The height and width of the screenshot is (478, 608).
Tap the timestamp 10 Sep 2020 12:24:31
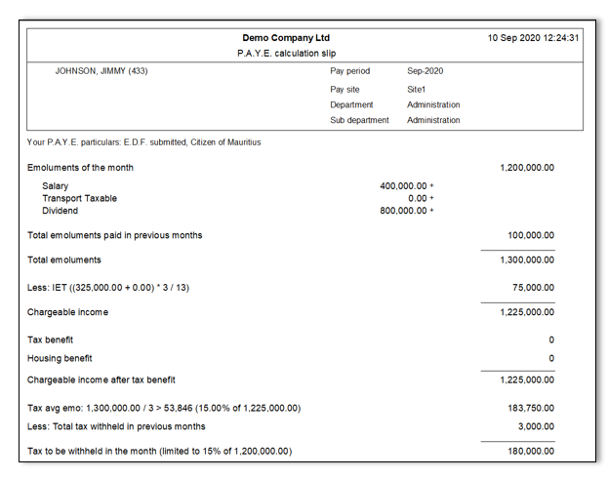pyautogui.click(x=533, y=38)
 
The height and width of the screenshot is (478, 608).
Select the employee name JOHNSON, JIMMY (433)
pyautogui.click(x=101, y=71)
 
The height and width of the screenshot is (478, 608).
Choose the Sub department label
pyautogui.click(x=359, y=120)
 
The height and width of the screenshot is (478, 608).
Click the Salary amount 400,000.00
pyautogui.click(x=403, y=185)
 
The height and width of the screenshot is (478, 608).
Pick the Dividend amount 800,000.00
pyautogui.click(x=403, y=210)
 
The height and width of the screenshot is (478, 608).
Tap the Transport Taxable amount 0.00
pyautogui.click(x=418, y=198)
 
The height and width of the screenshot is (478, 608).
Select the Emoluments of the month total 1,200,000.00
pyautogui.click(x=527, y=168)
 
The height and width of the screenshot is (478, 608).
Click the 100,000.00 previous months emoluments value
pyautogui.click(x=531, y=235)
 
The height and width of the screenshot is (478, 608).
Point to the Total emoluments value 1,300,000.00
pyautogui.click(x=527, y=260)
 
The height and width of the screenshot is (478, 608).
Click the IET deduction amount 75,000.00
pyautogui.click(x=533, y=288)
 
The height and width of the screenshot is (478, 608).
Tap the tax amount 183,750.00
pyautogui.click(x=531, y=408)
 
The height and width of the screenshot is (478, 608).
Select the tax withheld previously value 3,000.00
pyautogui.click(x=536, y=426)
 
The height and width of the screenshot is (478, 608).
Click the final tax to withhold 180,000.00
pyautogui.click(x=531, y=451)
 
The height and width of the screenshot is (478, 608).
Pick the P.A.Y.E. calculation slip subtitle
pyautogui.click(x=286, y=53)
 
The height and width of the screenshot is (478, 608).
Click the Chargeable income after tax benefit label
pyautogui.click(x=101, y=379)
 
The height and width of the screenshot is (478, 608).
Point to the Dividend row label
pyautogui.click(x=61, y=210)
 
